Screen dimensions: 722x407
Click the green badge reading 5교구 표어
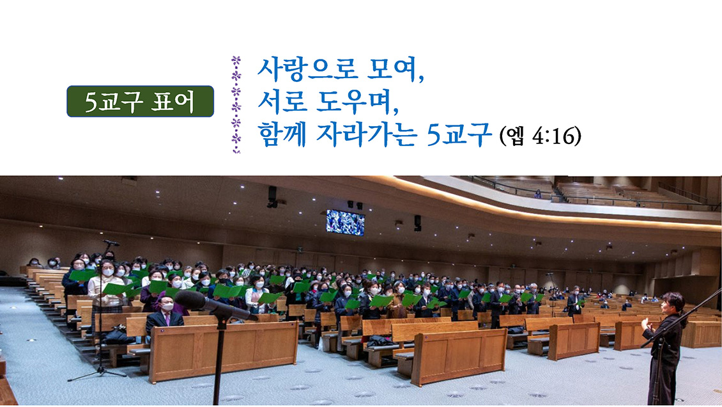click(x=140, y=101)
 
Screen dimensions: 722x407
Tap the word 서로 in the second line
click(x=282, y=101)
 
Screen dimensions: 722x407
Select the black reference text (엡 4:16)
click(x=540, y=136)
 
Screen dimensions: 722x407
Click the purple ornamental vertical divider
click(x=236, y=105)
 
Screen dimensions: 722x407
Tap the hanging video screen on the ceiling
click(x=345, y=223)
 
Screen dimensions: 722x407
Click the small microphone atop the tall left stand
click(x=111, y=243)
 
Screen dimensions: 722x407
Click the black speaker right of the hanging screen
click(x=418, y=223)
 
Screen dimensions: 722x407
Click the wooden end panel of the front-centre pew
click(x=459, y=356)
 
